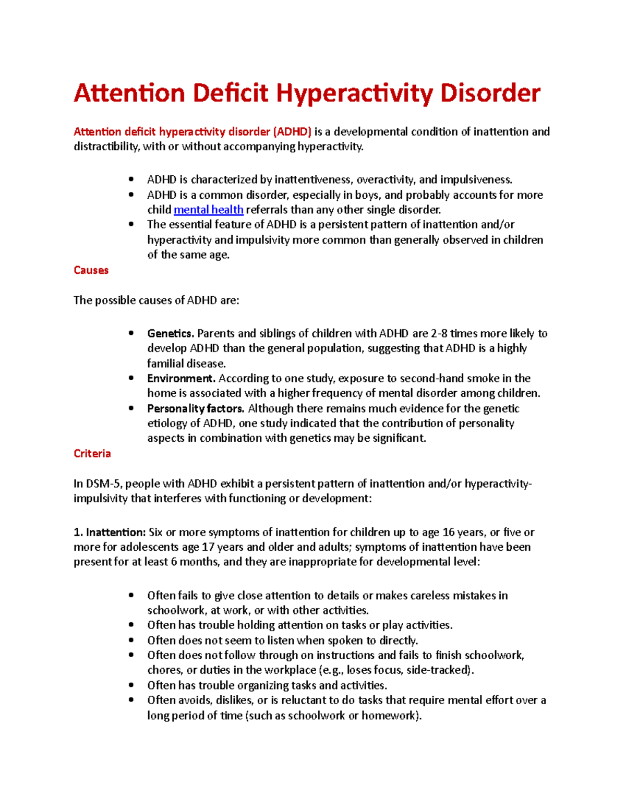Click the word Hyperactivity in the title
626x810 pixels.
pos(354,94)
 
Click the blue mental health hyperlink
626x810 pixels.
pos(208,210)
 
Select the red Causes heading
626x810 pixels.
pos(91,270)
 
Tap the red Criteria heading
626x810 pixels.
pos(92,453)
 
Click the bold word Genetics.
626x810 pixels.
pos(170,333)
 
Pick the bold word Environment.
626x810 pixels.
pos(181,378)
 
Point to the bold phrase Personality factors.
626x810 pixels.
pos(196,408)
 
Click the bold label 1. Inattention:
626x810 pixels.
pos(110,532)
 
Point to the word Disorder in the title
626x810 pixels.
pos(490,94)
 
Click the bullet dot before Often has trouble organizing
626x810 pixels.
pos(131,685)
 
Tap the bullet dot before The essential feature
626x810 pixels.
pos(131,224)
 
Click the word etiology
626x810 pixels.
pos(166,423)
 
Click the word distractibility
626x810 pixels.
pos(106,147)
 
